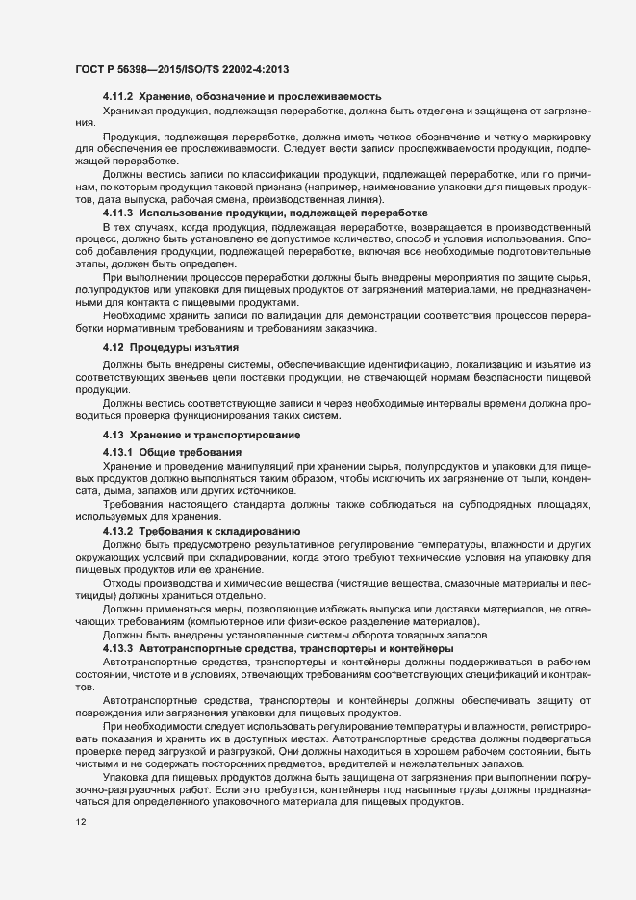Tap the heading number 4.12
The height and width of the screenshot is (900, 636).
coord(114,346)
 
